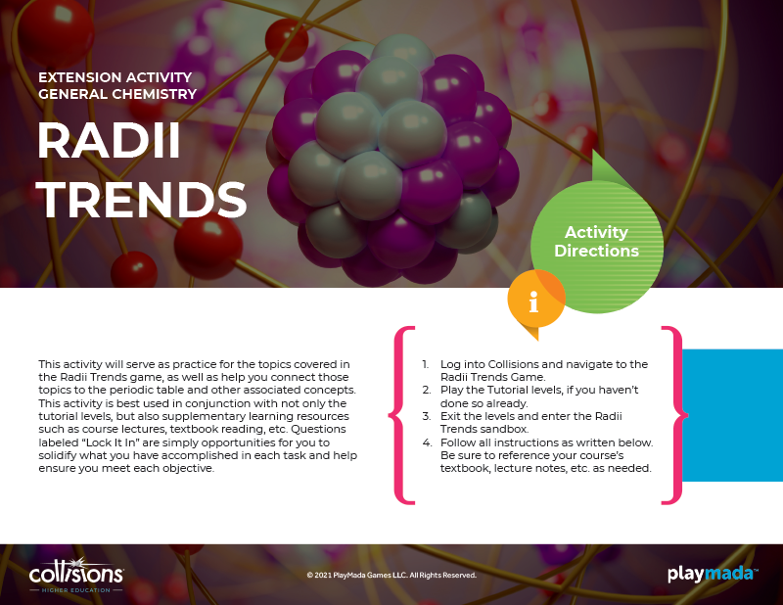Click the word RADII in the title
[109, 140]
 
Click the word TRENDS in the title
[142, 199]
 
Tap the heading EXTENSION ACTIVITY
[115, 77]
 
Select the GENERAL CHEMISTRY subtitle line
[117, 94]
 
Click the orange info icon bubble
[535, 300]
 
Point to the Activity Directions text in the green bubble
[596, 241]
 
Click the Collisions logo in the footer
[76, 575]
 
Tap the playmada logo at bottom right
[713, 574]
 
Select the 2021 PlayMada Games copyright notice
[391, 575]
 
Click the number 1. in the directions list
[425, 364]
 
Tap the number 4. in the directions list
[427, 442]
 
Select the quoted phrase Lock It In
[110, 442]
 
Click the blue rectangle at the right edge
[732, 415]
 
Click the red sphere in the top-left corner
[56, 30]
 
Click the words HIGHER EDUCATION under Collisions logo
[76, 590]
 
